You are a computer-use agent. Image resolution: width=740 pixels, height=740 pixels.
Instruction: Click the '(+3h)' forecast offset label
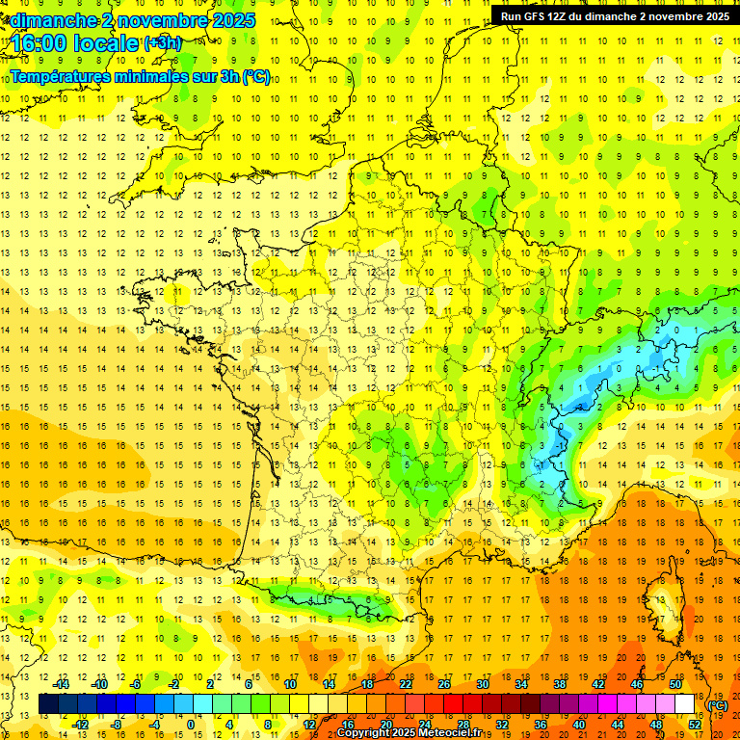[161, 43]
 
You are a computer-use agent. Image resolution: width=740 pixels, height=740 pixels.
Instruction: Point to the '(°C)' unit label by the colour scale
[717, 704]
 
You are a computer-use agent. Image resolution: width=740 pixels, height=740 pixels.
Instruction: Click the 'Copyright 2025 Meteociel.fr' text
[415, 733]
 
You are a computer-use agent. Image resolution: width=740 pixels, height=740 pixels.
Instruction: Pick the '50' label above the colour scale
[674, 684]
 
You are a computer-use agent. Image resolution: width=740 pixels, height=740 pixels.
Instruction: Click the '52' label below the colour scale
[694, 725]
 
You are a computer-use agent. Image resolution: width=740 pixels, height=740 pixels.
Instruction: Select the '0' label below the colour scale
[191, 725]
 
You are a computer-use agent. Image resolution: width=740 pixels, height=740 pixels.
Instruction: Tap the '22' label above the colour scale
[406, 684]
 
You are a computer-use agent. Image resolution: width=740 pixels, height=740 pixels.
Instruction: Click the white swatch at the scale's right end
[684, 704]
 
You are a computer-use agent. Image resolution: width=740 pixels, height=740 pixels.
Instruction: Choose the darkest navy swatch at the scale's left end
[48, 704]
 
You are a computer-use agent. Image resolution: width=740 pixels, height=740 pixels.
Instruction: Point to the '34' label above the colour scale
[521, 684]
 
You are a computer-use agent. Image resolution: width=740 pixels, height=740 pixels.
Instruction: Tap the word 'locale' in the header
[109, 43]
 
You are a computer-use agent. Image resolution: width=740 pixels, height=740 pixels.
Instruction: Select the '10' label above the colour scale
[290, 684]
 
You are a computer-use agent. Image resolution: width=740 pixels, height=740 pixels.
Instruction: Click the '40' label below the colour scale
[578, 725]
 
